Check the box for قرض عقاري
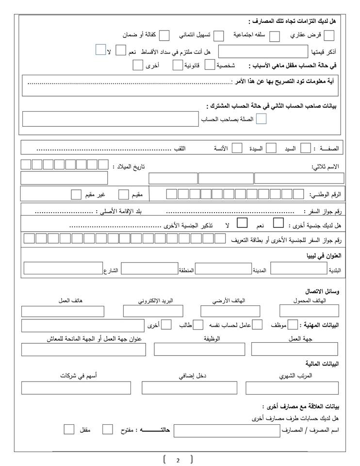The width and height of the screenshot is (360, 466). tap(329, 35)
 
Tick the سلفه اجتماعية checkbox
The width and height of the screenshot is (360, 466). tap(274, 35)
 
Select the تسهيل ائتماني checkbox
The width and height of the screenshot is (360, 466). tap(219, 35)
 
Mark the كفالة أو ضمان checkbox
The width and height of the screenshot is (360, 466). tap(164, 35)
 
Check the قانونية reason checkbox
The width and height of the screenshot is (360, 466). tap(210, 65)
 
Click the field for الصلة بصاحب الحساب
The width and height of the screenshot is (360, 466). tap(110, 119)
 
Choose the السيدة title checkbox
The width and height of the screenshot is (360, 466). tap(272, 148)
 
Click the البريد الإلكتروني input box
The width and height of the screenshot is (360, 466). tap(153, 311)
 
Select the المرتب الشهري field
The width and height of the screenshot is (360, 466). tap(292, 388)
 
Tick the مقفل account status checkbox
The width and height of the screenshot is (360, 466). tap(69, 430)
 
